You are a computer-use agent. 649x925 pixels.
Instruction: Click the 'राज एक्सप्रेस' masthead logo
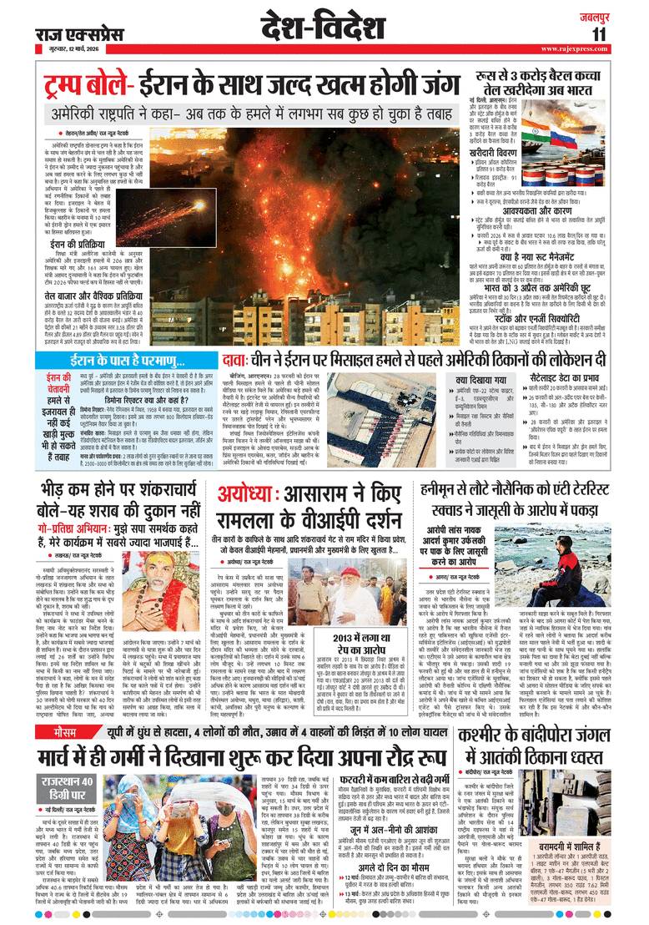(79, 34)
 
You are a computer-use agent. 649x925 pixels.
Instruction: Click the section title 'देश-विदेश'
(321, 27)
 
